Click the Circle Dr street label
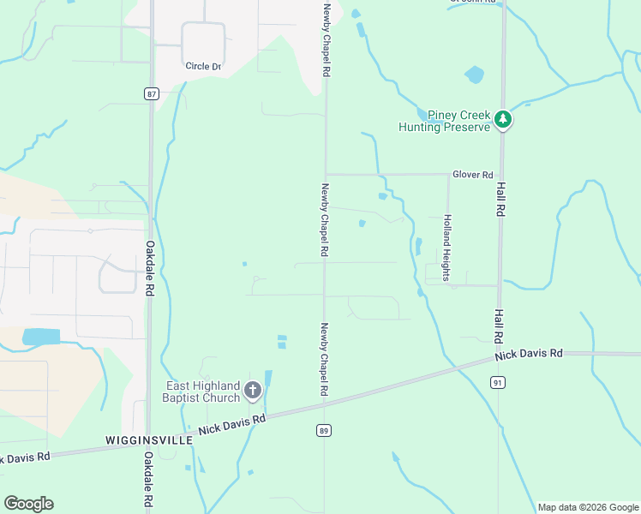(203, 66)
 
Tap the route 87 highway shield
(152, 94)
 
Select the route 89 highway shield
(322, 430)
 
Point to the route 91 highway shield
(498, 383)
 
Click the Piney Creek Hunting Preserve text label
(444, 121)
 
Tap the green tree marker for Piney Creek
(505, 121)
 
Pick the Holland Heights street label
(446, 248)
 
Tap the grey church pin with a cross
(253, 391)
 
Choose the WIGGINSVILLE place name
(144, 439)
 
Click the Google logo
(28, 504)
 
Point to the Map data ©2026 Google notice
(588, 507)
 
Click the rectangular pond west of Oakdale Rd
(41, 337)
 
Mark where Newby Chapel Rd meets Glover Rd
(325, 174)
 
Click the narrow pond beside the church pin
(267, 378)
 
